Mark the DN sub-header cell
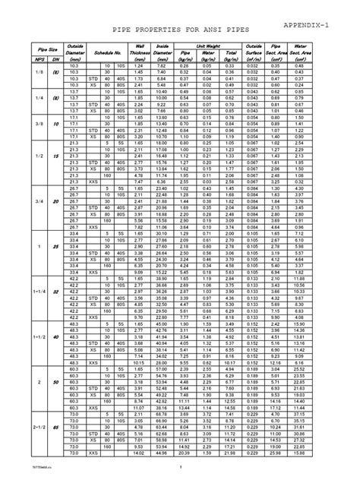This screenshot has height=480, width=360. click(x=55, y=58)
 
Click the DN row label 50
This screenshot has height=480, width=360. click(x=55, y=382)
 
